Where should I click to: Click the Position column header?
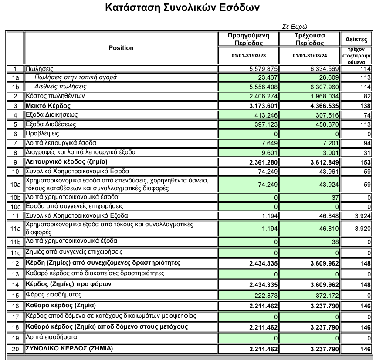(x=121, y=48)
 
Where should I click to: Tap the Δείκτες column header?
(x=356, y=40)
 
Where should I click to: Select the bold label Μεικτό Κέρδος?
(x=48, y=105)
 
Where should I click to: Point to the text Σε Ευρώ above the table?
(x=295, y=27)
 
